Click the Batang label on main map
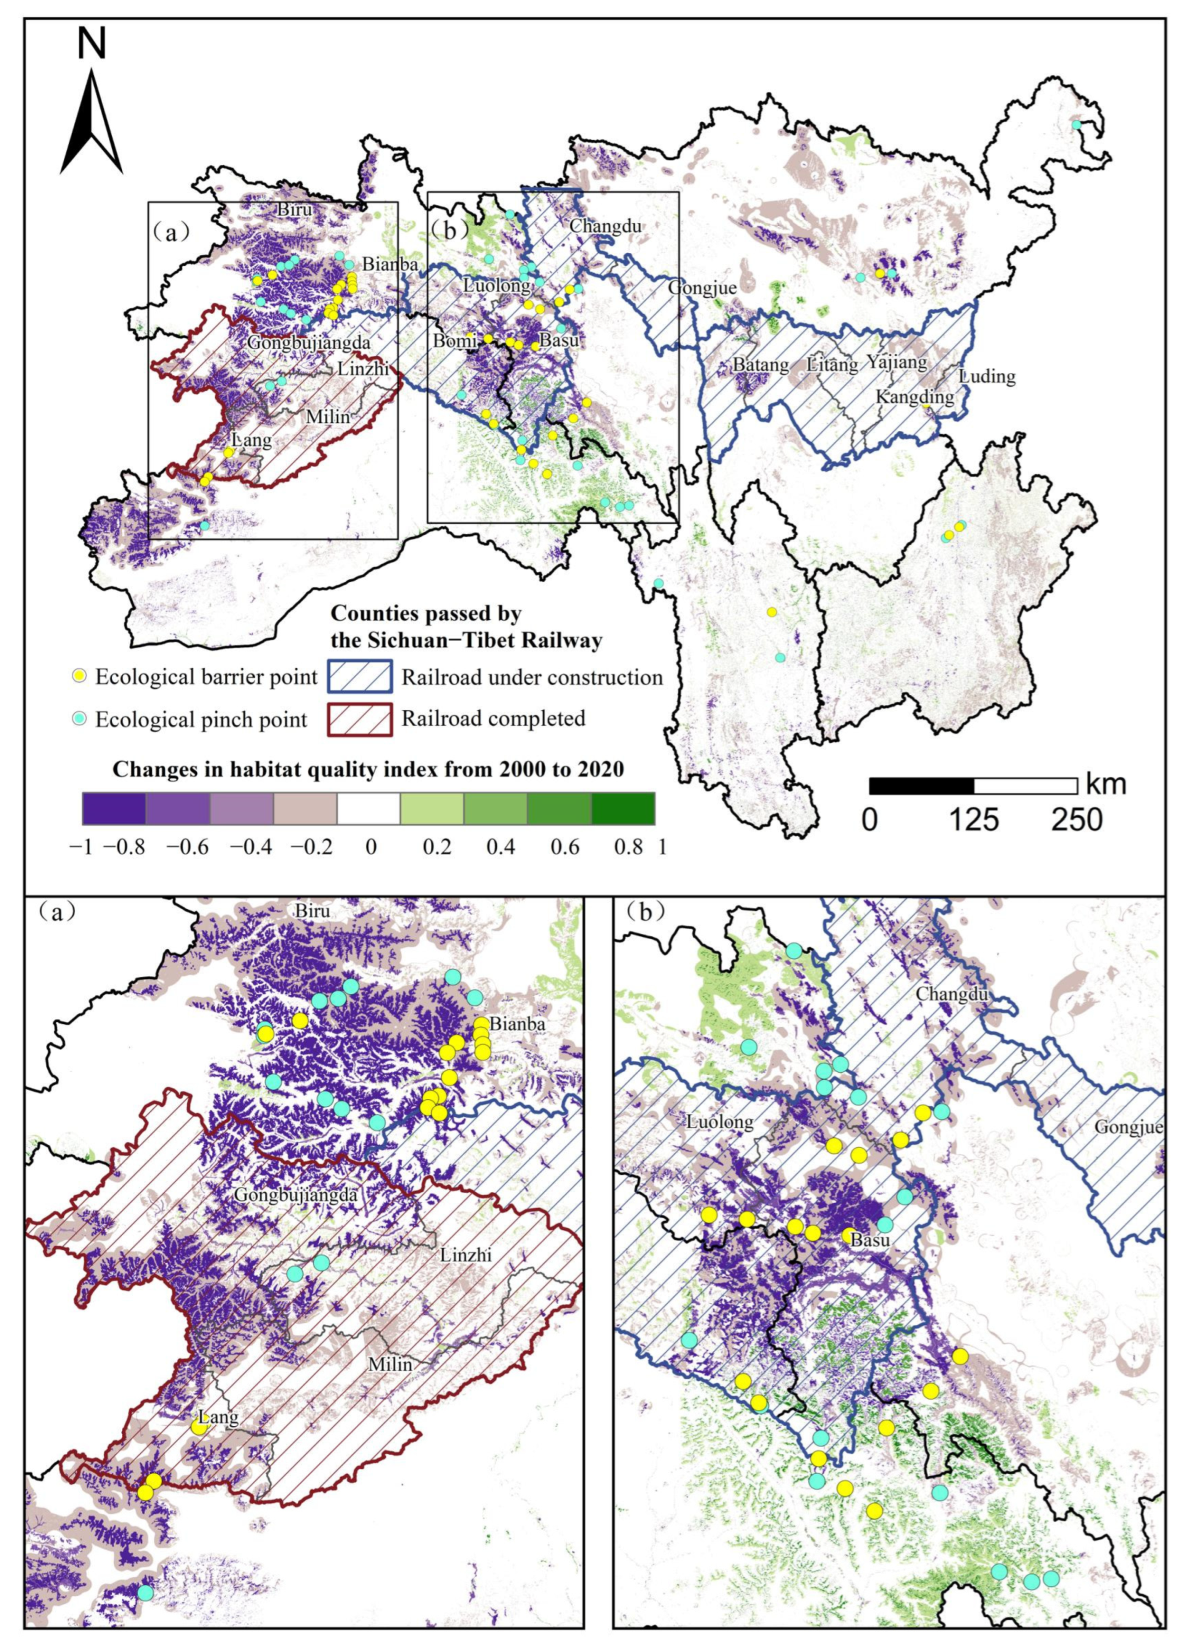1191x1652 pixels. point(761,364)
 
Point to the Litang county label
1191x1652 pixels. point(833,364)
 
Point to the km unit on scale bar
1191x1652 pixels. point(1106,784)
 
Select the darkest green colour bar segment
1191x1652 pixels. point(623,808)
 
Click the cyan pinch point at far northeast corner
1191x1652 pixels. point(1076,125)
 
